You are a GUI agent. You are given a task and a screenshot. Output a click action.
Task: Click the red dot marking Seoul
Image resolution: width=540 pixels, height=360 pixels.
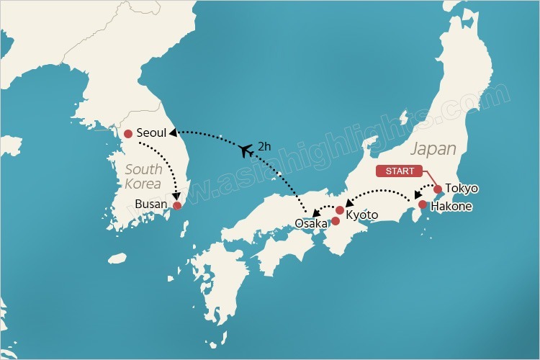point(128,133)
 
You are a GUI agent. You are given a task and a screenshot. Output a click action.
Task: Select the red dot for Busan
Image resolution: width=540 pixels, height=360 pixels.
point(177,205)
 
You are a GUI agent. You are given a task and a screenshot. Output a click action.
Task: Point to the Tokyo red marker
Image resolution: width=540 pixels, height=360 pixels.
point(437,189)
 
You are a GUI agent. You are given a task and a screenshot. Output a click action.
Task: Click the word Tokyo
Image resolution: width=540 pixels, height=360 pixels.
point(461,189)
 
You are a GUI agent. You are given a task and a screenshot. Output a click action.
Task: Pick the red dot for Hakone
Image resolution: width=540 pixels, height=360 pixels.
point(423,204)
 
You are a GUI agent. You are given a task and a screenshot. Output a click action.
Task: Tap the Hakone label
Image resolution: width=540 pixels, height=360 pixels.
point(451,206)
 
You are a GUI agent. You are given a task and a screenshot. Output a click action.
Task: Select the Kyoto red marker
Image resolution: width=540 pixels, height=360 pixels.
point(340,210)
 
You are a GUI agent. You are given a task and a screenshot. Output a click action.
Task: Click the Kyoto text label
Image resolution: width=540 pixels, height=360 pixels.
point(361,215)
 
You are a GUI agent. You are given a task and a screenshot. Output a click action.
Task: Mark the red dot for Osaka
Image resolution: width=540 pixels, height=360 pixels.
point(335,220)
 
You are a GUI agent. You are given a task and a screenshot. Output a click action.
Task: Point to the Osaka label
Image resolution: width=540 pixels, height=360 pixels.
point(311,224)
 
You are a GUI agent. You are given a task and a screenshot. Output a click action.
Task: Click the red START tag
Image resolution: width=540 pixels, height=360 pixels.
point(400,171)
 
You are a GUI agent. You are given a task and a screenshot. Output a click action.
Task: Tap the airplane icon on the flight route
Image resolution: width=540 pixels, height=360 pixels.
point(246,150)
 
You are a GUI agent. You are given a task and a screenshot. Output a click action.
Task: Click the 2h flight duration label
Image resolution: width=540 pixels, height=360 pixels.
point(265,146)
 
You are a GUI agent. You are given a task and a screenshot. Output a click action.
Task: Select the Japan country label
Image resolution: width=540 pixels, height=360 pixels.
point(433,149)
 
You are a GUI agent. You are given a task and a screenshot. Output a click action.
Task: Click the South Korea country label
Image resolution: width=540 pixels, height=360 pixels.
point(143,176)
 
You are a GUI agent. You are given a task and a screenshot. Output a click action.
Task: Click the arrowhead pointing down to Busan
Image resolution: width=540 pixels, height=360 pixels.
point(176,194)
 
